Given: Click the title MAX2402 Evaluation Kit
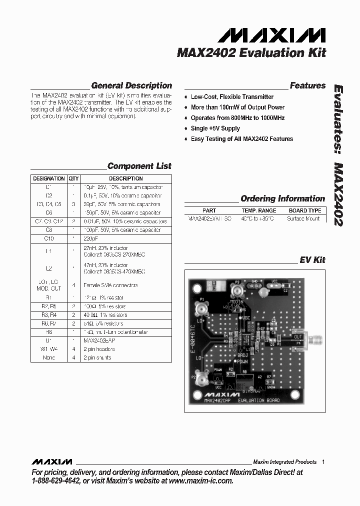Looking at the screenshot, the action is (251, 53).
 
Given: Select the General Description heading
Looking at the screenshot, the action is (131, 85).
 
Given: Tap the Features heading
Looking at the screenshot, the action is (307, 85).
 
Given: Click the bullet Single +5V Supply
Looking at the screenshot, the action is (215, 128).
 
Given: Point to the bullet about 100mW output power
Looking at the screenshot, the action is (237, 107).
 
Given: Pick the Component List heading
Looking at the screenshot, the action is (139, 166).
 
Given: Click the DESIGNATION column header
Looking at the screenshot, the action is (49, 178).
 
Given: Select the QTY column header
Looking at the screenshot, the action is (73, 178).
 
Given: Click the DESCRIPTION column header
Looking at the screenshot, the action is (126, 178).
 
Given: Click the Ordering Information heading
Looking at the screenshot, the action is (282, 198).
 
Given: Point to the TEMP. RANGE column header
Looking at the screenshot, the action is (258, 211).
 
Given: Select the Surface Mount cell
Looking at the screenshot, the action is (303, 218).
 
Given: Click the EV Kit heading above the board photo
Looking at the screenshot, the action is (312, 260).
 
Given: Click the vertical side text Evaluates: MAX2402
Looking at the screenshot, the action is (338, 155).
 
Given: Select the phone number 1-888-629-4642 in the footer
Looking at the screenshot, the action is (55, 480).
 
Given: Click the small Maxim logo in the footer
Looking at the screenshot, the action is (51, 462).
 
